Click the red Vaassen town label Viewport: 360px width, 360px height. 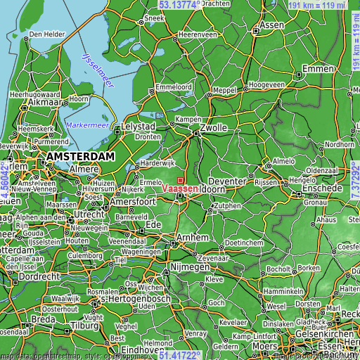(180, 188)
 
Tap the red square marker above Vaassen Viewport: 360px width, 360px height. (181, 180)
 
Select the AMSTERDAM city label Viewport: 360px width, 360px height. (81, 155)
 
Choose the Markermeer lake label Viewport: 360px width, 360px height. (87, 124)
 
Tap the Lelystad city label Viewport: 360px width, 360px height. (138, 126)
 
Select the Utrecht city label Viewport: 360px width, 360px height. (90, 213)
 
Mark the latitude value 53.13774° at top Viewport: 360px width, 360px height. (186, 4)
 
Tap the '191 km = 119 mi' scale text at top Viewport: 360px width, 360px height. (317, 5)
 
